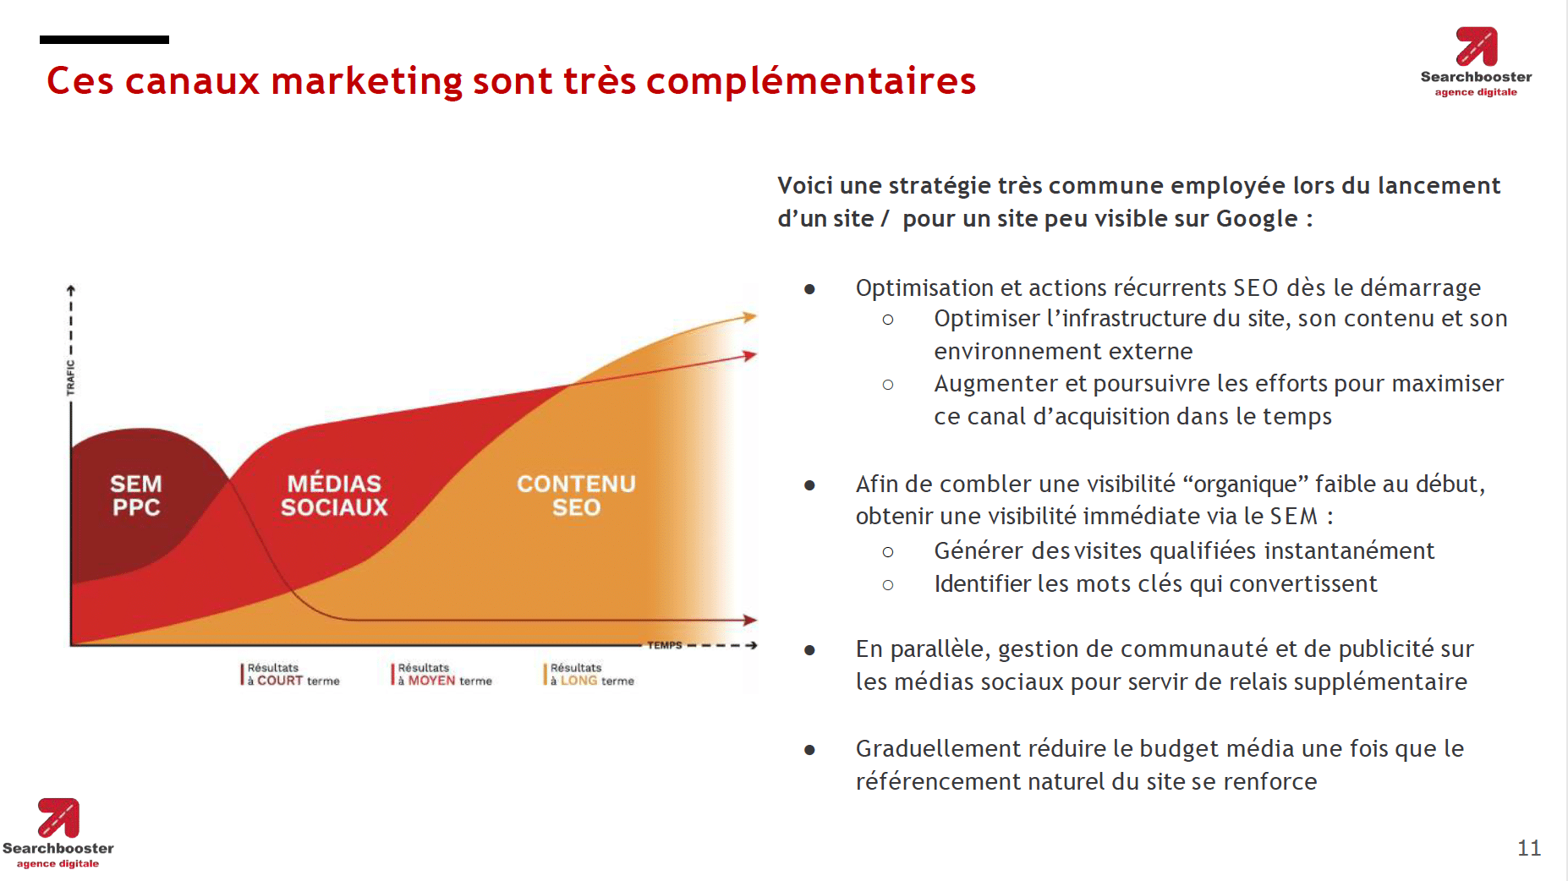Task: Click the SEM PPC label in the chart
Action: pos(136,495)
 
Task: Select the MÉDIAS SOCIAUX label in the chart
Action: pos(334,495)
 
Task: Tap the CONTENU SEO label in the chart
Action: pos(576,495)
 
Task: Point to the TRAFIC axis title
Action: pos(71,377)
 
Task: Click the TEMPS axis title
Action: pos(665,645)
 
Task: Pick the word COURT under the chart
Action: pos(280,681)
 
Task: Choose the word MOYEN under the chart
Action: pos(431,681)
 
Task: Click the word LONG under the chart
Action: pos(578,681)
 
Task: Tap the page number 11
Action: pos(1529,848)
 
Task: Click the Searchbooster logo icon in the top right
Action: pos(1477,47)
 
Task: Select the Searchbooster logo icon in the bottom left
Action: pos(58,818)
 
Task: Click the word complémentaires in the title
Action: pos(811,81)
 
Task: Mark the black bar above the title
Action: pos(104,40)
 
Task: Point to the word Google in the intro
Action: pos(1256,219)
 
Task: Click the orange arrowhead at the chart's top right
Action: pos(749,317)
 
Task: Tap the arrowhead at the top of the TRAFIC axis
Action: pos(71,290)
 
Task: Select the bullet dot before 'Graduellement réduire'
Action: pos(809,750)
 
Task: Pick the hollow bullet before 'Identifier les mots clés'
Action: pos(888,584)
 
